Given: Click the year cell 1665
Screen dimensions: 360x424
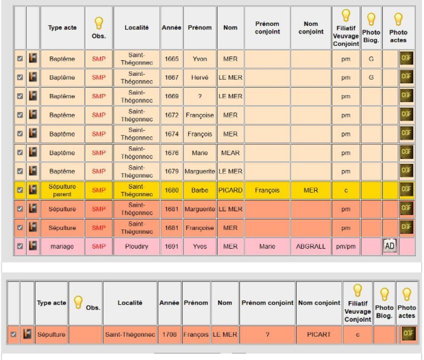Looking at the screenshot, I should point(172,59).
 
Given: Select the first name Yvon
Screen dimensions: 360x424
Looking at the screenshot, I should point(200,59).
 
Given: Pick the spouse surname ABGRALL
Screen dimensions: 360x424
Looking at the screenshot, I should point(310,246).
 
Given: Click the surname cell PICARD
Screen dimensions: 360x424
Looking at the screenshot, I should point(230,190).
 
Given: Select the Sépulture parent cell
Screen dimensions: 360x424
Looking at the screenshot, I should point(62,190).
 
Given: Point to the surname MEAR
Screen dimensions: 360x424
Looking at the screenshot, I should point(230,153).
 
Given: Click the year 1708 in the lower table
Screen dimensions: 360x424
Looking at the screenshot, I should point(169,334).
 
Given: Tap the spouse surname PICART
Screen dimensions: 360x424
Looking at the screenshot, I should point(318,334).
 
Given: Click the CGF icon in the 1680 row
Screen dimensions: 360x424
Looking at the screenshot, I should point(407,190).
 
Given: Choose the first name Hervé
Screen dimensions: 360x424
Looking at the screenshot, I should point(200,78).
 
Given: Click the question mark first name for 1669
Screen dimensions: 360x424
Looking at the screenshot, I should point(200,96).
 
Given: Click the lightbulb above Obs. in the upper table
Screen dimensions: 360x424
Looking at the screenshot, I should point(99,23).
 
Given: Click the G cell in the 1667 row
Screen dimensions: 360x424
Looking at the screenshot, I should point(371,78).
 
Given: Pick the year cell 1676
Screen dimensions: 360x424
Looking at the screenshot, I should point(172,153).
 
